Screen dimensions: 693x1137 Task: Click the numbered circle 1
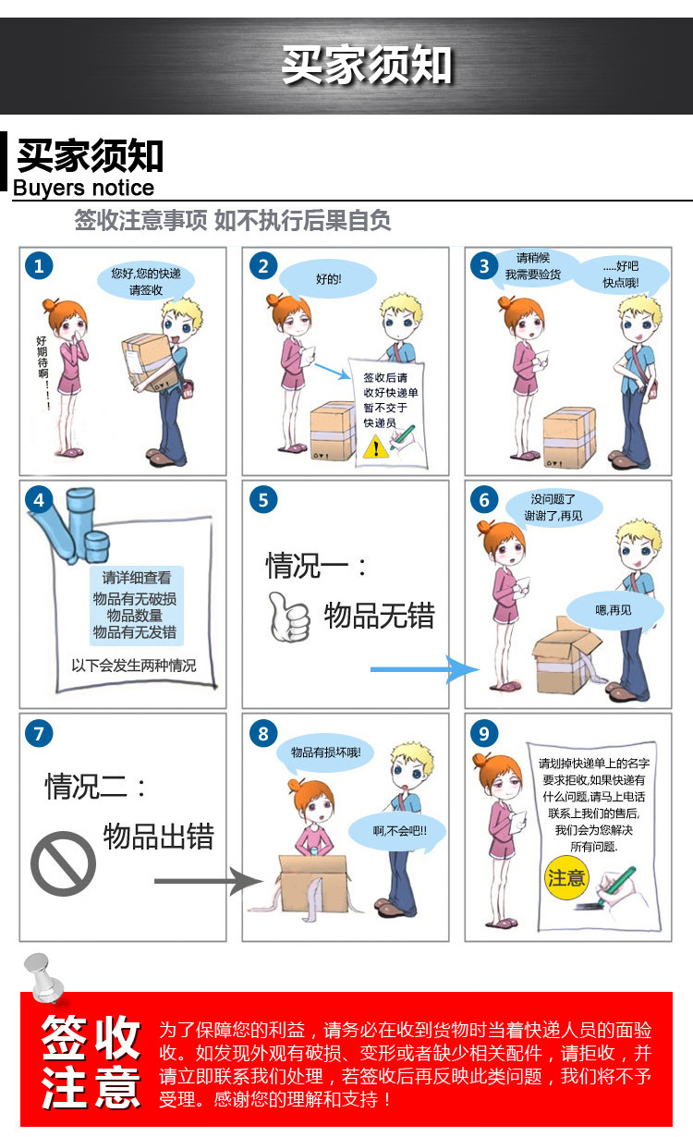39,265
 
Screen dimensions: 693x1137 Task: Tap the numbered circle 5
263,499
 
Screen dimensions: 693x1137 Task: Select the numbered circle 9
484,733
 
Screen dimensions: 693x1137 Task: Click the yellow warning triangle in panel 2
376,447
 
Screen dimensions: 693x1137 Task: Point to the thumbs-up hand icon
289,617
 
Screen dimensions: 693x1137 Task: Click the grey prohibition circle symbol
63,863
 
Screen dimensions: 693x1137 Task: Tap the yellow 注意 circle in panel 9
566,877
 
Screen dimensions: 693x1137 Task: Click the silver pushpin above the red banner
44,978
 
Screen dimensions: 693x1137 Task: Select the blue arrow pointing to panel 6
425,669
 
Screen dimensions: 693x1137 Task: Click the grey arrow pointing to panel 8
209,881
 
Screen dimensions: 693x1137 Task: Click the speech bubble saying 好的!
328,279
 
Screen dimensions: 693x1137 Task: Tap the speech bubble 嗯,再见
614,610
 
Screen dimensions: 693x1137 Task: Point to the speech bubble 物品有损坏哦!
325,752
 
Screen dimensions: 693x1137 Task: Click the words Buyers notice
84,189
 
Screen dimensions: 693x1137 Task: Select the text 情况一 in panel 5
307,566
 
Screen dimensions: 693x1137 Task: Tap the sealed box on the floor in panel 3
570,437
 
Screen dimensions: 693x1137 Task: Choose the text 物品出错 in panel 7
159,837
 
